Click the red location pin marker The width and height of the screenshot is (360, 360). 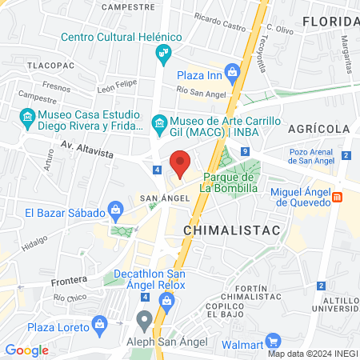181,162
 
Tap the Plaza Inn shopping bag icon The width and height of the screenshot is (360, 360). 232,74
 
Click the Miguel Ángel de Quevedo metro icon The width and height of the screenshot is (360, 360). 338,197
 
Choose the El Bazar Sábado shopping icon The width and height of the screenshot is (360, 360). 115,211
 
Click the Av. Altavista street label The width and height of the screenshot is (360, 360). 88,146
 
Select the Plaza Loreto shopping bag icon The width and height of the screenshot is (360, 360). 99,324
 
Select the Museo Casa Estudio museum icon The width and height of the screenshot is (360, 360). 29,121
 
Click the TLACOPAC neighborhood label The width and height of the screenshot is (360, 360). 50,64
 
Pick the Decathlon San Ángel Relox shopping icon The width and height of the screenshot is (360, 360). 166,300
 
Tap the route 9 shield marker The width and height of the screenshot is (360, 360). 246,151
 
